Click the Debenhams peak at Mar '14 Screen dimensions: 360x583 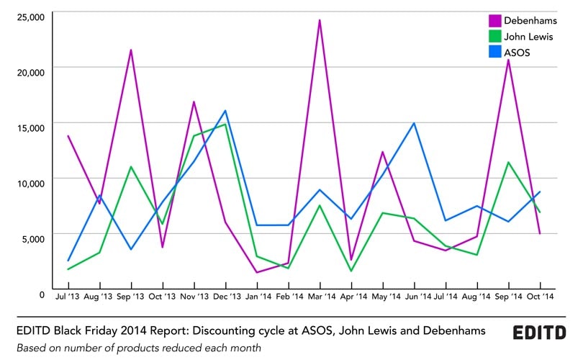coord(320,20)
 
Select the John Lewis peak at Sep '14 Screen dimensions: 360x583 coord(509,162)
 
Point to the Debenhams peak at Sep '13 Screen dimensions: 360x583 coord(131,50)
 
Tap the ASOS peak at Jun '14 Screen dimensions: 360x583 coord(414,123)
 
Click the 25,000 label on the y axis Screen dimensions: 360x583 coord(30,16)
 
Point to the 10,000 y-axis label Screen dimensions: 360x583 coord(30,181)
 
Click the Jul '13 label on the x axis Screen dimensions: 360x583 coord(68,295)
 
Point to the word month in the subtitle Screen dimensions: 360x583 coord(244,348)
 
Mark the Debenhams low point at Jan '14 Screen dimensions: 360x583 coord(257,272)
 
